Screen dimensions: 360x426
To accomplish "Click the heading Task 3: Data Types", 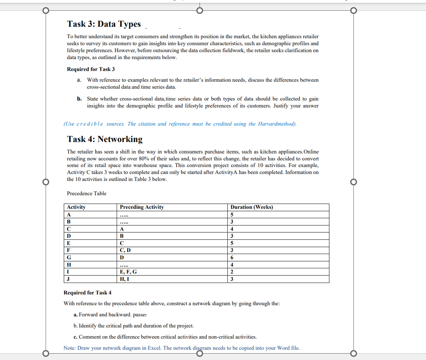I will point(104,24).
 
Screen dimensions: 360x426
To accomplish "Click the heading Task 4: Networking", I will point(105,139).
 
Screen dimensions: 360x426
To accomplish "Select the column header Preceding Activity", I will point(142,207).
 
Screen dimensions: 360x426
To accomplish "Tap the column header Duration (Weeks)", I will point(251,207).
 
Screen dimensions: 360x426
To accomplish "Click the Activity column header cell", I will point(76,207).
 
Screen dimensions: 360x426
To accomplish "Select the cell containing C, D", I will point(125,250).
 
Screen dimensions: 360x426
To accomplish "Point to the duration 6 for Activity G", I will point(232,258).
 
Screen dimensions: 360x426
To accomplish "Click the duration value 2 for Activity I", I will point(232,272).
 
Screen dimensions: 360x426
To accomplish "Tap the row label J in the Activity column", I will point(68,279).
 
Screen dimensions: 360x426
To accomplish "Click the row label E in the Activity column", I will point(69,243).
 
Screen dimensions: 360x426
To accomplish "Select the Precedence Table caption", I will point(86,193).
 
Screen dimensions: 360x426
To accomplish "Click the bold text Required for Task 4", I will point(88,293).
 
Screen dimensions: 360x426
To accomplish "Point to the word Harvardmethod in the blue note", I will point(277,124).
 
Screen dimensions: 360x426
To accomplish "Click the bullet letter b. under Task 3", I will point(79,99).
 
